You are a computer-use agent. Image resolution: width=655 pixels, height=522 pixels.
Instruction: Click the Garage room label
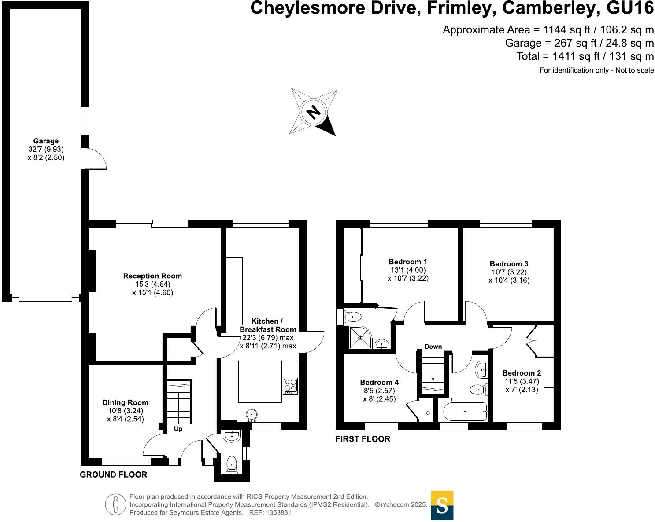click(x=46, y=141)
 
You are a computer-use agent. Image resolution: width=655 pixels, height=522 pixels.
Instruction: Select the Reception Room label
click(x=152, y=276)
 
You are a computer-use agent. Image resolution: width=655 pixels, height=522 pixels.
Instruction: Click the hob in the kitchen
click(x=290, y=386)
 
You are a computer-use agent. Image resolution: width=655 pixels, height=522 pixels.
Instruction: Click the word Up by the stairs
click(x=178, y=429)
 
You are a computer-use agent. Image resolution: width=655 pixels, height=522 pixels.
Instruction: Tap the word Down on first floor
click(x=433, y=347)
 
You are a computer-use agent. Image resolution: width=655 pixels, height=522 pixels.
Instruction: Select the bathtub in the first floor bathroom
click(x=464, y=412)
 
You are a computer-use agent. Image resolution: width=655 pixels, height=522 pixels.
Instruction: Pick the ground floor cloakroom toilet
click(x=232, y=464)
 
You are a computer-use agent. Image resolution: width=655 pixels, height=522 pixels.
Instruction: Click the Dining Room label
click(x=125, y=402)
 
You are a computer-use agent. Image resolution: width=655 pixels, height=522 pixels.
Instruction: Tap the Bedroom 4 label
click(x=379, y=382)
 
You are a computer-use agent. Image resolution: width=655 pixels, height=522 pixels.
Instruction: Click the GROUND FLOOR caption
click(x=113, y=475)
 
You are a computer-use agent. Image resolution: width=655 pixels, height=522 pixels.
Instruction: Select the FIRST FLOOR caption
click(x=363, y=439)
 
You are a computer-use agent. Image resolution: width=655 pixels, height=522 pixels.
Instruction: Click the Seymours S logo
click(x=442, y=505)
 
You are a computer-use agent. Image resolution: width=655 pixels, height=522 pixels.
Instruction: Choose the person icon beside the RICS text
click(x=115, y=504)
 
